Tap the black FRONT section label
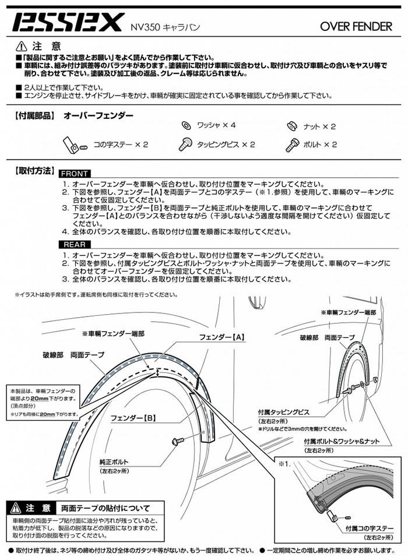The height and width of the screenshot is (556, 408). tap(75, 174)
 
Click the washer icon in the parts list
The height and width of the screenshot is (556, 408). tap(185, 125)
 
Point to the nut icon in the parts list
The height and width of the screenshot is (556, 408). tap(292, 125)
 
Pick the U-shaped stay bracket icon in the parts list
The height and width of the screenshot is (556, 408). tap(72, 143)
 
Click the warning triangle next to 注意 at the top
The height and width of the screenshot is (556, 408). tap(21, 45)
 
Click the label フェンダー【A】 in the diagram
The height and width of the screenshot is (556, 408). tap(221, 337)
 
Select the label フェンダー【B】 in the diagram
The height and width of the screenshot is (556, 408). tap(133, 418)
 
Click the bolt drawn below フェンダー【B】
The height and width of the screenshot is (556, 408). tap(178, 442)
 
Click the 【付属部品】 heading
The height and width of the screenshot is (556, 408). tap(34, 116)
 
